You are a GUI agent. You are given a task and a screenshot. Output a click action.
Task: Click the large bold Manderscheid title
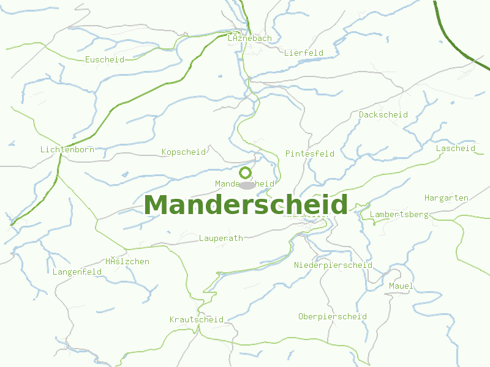(x=246, y=205)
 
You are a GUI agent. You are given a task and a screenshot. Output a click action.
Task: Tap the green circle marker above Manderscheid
(x=246, y=172)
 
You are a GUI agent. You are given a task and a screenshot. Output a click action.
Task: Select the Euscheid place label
(x=105, y=60)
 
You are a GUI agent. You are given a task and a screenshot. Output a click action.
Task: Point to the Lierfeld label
(x=304, y=53)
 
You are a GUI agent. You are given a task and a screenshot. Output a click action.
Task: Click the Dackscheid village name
(x=383, y=114)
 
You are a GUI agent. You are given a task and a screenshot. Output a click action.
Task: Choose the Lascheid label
(x=456, y=149)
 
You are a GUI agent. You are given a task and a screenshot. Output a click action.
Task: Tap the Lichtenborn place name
(x=66, y=150)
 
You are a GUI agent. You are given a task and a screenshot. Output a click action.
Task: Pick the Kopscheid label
(x=184, y=152)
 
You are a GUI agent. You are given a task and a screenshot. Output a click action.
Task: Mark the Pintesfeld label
(x=310, y=154)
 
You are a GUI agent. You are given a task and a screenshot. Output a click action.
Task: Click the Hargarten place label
(x=447, y=198)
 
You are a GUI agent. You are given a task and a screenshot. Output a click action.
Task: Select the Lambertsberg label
(x=399, y=215)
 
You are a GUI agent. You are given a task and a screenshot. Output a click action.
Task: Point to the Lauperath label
(x=221, y=239)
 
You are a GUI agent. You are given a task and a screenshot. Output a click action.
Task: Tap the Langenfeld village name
(x=77, y=272)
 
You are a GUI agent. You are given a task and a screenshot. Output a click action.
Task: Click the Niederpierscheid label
(x=333, y=265)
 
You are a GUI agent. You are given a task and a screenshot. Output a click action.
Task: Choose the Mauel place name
(x=401, y=286)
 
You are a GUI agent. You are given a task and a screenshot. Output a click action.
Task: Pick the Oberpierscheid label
(x=333, y=317)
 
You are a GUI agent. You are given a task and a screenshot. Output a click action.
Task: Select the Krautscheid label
(x=197, y=320)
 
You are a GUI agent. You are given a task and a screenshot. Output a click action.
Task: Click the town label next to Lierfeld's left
(x=249, y=39)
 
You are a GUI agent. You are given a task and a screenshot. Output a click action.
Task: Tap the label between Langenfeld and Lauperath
(x=127, y=262)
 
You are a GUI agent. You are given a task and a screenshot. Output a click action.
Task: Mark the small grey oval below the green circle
(x=247, y=185)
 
